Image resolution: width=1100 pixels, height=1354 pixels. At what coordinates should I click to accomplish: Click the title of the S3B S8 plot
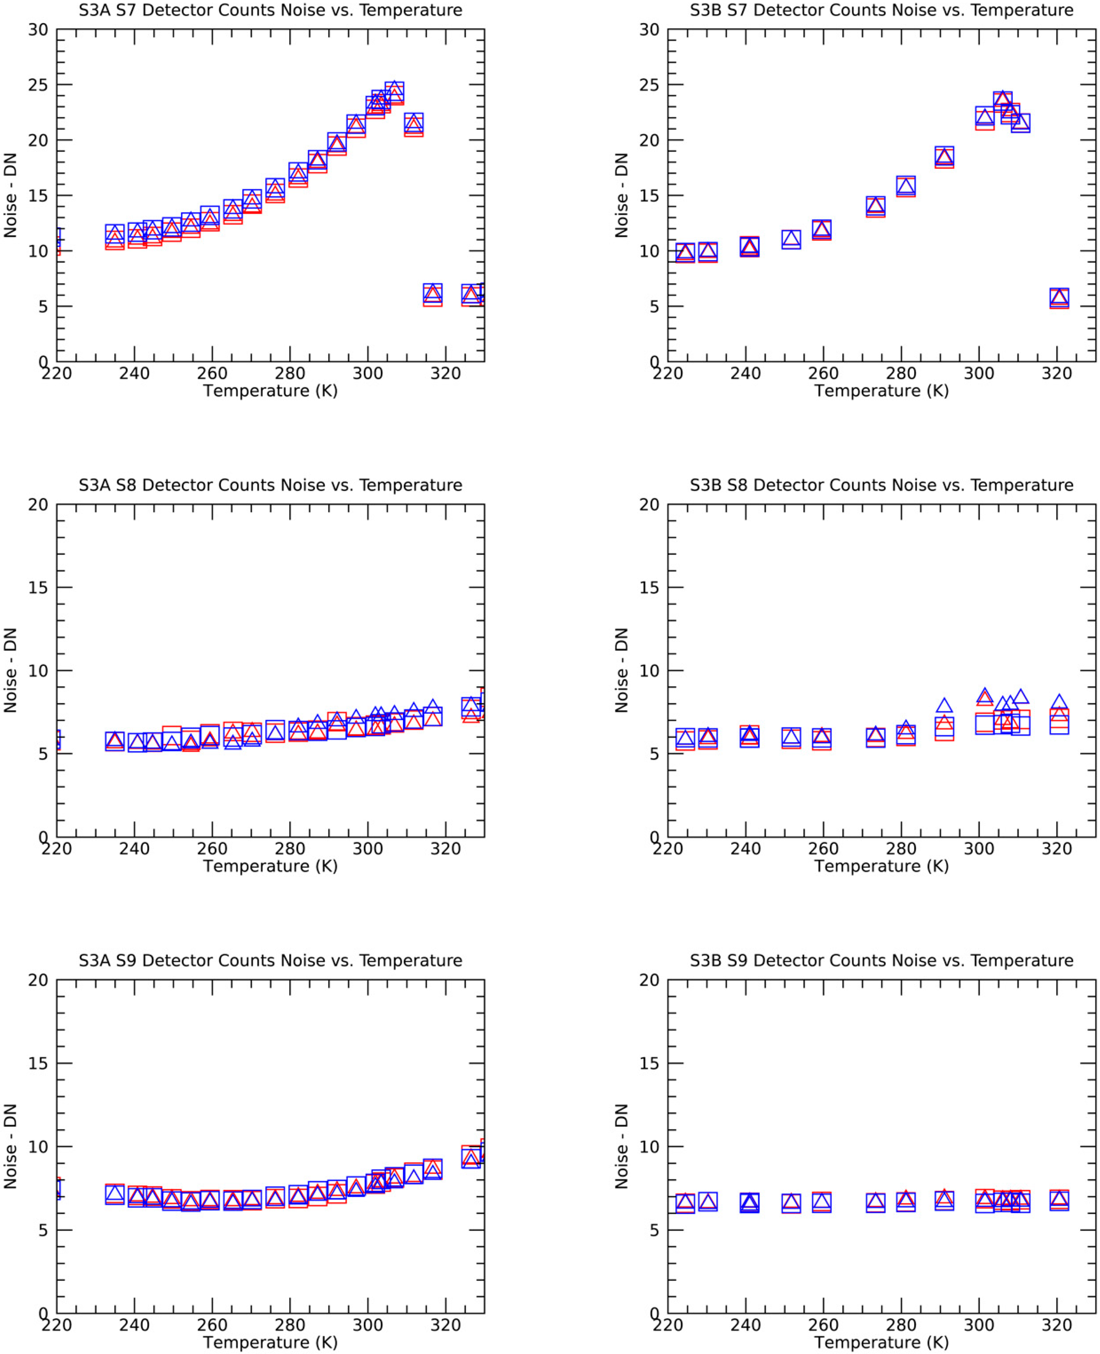(881, 485)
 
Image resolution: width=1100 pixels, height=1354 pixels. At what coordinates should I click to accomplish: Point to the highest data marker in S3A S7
(395, 91)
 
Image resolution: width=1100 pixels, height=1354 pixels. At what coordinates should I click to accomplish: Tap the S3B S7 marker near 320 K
(1059, 297)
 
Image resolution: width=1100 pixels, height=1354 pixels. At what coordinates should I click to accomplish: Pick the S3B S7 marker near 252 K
(791, 239)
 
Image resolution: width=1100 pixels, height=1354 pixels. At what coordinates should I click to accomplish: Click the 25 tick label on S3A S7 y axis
(38, 85)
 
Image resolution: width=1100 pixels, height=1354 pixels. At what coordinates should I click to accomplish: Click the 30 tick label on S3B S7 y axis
(649, 30)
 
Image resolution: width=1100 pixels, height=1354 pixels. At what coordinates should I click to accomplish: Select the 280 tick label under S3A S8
(290, 849)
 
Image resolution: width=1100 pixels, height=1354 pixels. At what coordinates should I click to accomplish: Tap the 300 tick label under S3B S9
(979, 1325)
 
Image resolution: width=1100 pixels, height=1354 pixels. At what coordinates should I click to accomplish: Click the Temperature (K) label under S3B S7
(881, 390)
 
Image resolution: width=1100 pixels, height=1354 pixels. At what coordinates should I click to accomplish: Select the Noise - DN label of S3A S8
(10, 671)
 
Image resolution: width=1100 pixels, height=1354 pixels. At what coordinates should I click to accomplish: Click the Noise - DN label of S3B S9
(622, 1146)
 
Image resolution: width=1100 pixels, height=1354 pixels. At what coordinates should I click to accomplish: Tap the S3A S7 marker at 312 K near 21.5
(414, 124)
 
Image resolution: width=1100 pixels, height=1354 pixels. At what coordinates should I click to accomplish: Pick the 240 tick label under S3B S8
(746, 849)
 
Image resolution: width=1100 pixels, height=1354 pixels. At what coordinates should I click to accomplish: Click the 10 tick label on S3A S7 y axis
(38, 251)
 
